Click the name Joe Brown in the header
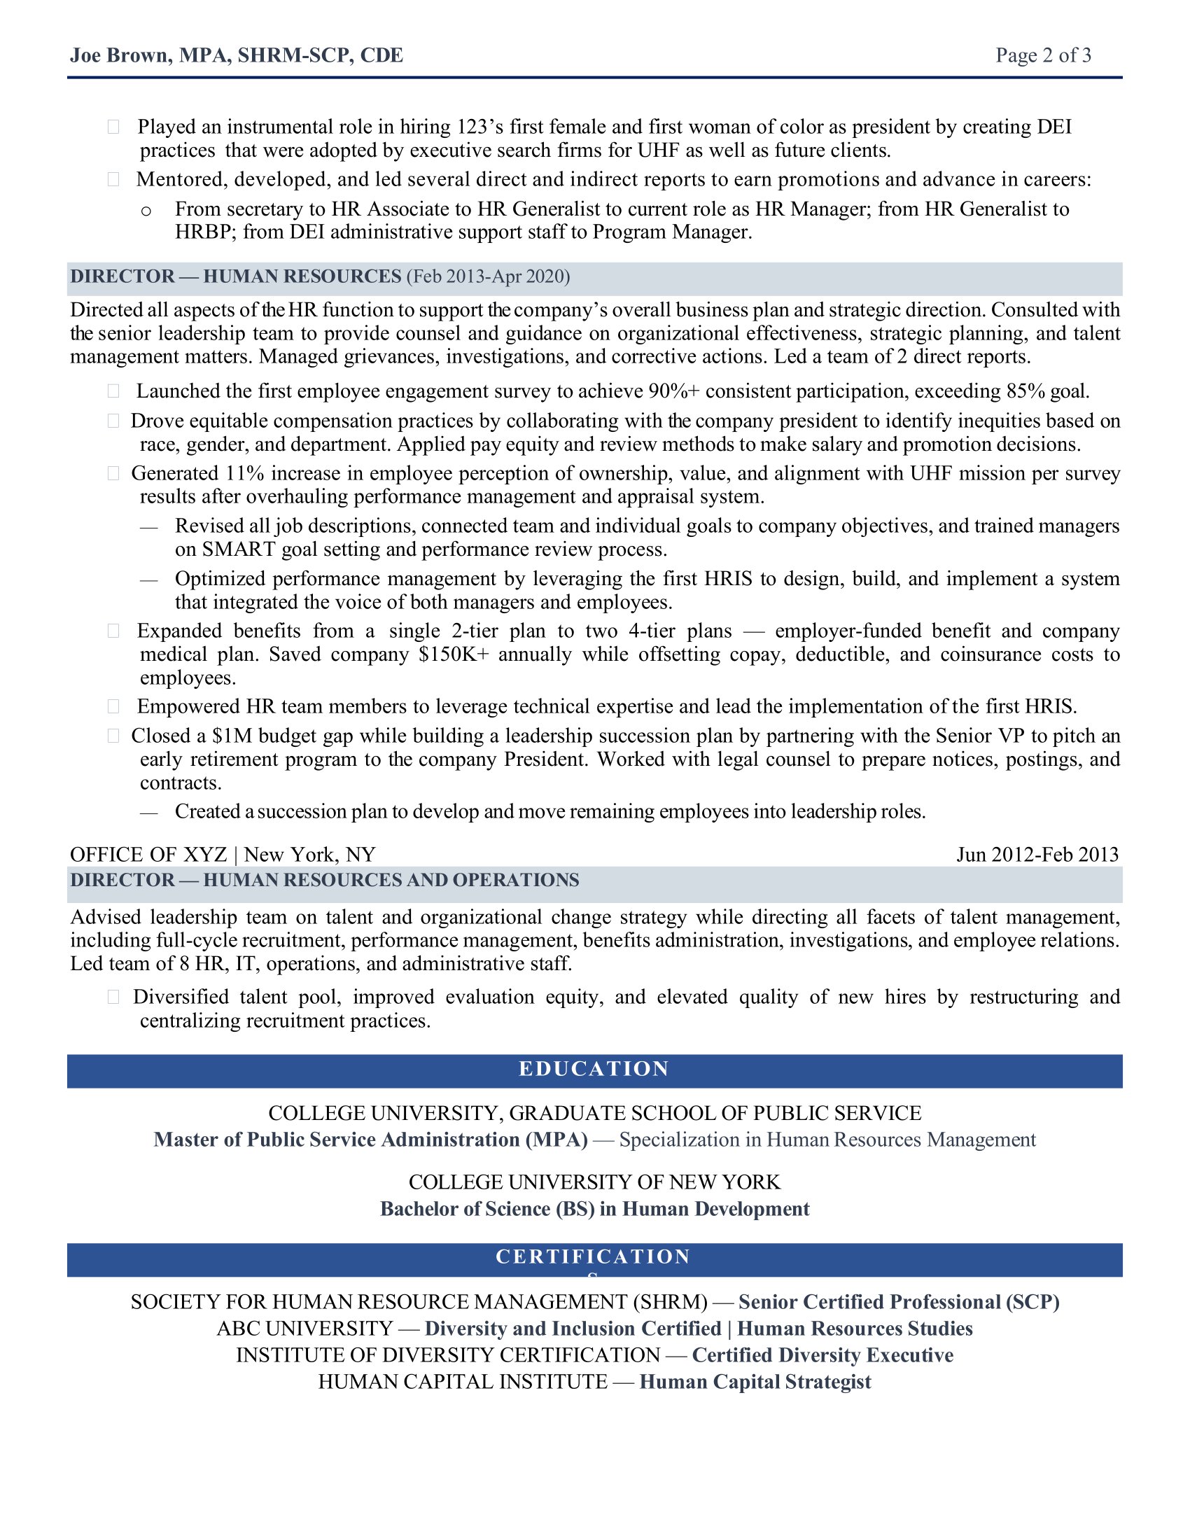(x=120, y=55)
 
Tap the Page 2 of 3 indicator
(x=1043, y=55)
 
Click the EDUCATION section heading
(x=594, y=1069)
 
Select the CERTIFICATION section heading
(x=594, y=1256)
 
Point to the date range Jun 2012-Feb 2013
(x=1037, y=855)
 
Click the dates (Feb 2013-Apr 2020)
(x=488, y=276)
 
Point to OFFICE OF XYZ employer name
(x=148, y=855)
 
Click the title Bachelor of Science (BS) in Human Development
(x=594, y=1209)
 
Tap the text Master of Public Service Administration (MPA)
(x=371, y=1140)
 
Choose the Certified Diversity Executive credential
(x=822, y=1355)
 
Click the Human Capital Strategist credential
(x=755, y=1382)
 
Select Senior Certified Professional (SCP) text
(x=899, y=1302)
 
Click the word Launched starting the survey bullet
(x=180, y=391)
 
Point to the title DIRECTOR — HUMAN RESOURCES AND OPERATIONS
(x=324, y=880)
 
